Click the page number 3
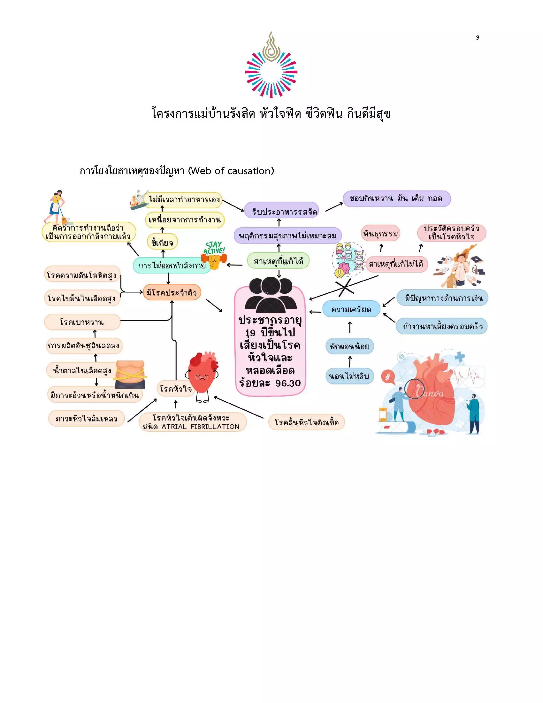pyautogui.click(x=478, y=38)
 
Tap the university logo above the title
pyautogui.click(x=271, y=65)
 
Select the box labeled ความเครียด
pyautogui.click(x=351, y=309)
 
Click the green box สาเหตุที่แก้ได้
pyautogui.click(x=278, y=261)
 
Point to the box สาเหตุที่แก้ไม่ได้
pyautogui.click(x=396, y=264)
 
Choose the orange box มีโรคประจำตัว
pyautogui.click(x=172, y=292)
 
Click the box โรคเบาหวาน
pyautogui.click(x=82, y=322)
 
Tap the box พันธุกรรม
pyautogui.click(x=380, y=233)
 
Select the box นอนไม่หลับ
pyautogui.click(x=350, y=376)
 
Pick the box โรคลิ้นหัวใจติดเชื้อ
pyautogui.click(x=307, y=422)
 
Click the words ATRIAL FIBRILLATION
pyautogui.click(x=200, y=427)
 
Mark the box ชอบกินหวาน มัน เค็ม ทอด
pyautogui.click(x=397, y=198)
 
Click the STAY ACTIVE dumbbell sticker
pyautogui.click(x=214, y=256)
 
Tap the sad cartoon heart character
pyautogui.click(x=202, y=377)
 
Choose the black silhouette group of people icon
pyautogui.click(x=271, y=295)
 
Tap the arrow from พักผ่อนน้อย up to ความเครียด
pyautogui.click(x=350, y=327)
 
